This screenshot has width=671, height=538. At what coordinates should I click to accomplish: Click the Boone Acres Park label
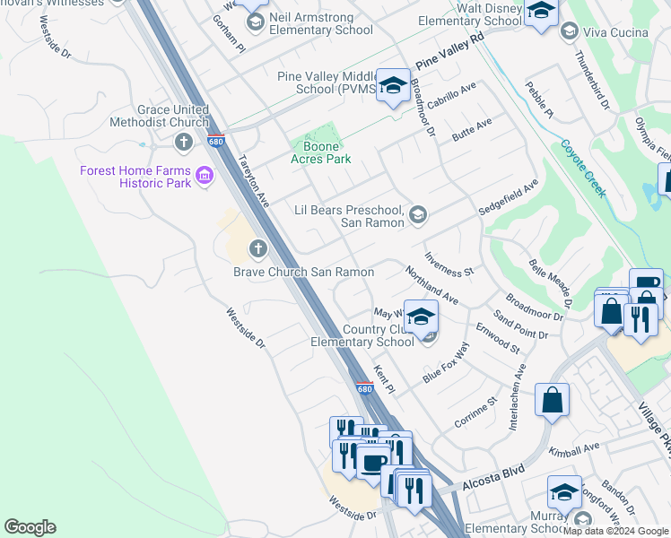point(320,151)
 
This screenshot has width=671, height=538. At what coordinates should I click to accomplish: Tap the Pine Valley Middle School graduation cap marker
point(392,85)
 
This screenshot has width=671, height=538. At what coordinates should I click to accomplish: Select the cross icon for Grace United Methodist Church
point(184,142)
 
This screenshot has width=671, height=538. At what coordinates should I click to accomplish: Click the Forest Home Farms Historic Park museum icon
point(205,176)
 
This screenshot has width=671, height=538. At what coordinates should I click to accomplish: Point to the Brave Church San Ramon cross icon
point(258,248)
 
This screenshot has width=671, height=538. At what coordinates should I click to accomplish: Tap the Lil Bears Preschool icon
point(417,214)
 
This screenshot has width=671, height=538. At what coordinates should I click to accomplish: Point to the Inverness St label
point(449,265)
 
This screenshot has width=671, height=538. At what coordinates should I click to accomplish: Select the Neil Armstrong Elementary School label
point(321,24)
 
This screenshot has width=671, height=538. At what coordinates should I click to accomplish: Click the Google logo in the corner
point(30,527)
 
